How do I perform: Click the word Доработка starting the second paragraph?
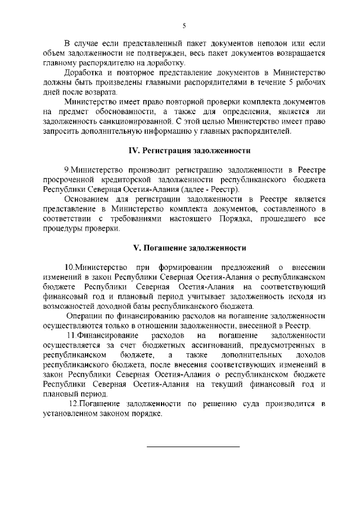[84, 73]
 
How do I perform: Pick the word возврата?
[102, 92]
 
